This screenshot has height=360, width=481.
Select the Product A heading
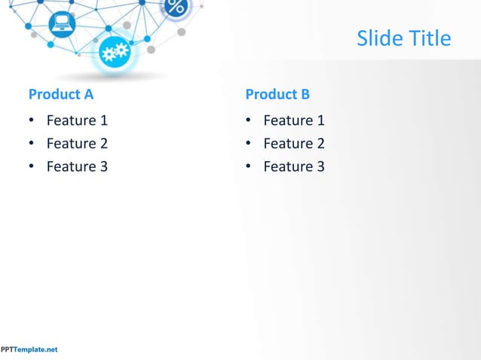pos(61,94)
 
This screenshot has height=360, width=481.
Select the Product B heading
pos(277,94)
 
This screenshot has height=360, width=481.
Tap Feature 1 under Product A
pos(77,121)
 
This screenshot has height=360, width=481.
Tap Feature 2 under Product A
pos(77,143)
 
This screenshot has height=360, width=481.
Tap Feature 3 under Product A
pos(77,166)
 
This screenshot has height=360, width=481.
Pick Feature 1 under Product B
pos(293,121)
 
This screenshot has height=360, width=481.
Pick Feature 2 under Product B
pos(293,143)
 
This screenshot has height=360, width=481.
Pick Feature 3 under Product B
pos(293,166)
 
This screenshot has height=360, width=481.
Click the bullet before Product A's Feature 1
pos(32,121)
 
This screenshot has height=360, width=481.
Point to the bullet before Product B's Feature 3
pos(248,167)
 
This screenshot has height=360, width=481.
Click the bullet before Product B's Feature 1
pos(248,121)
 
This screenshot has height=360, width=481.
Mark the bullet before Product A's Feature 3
pos(32,167)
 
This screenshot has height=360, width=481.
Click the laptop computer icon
pos(62,24)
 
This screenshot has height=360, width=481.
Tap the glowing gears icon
pos(115,53)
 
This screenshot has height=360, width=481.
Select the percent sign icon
pos(176,8)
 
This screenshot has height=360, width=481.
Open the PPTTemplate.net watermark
pos(29,349)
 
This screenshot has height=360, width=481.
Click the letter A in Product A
pos(88,94)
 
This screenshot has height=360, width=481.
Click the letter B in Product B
pos(305,94)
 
